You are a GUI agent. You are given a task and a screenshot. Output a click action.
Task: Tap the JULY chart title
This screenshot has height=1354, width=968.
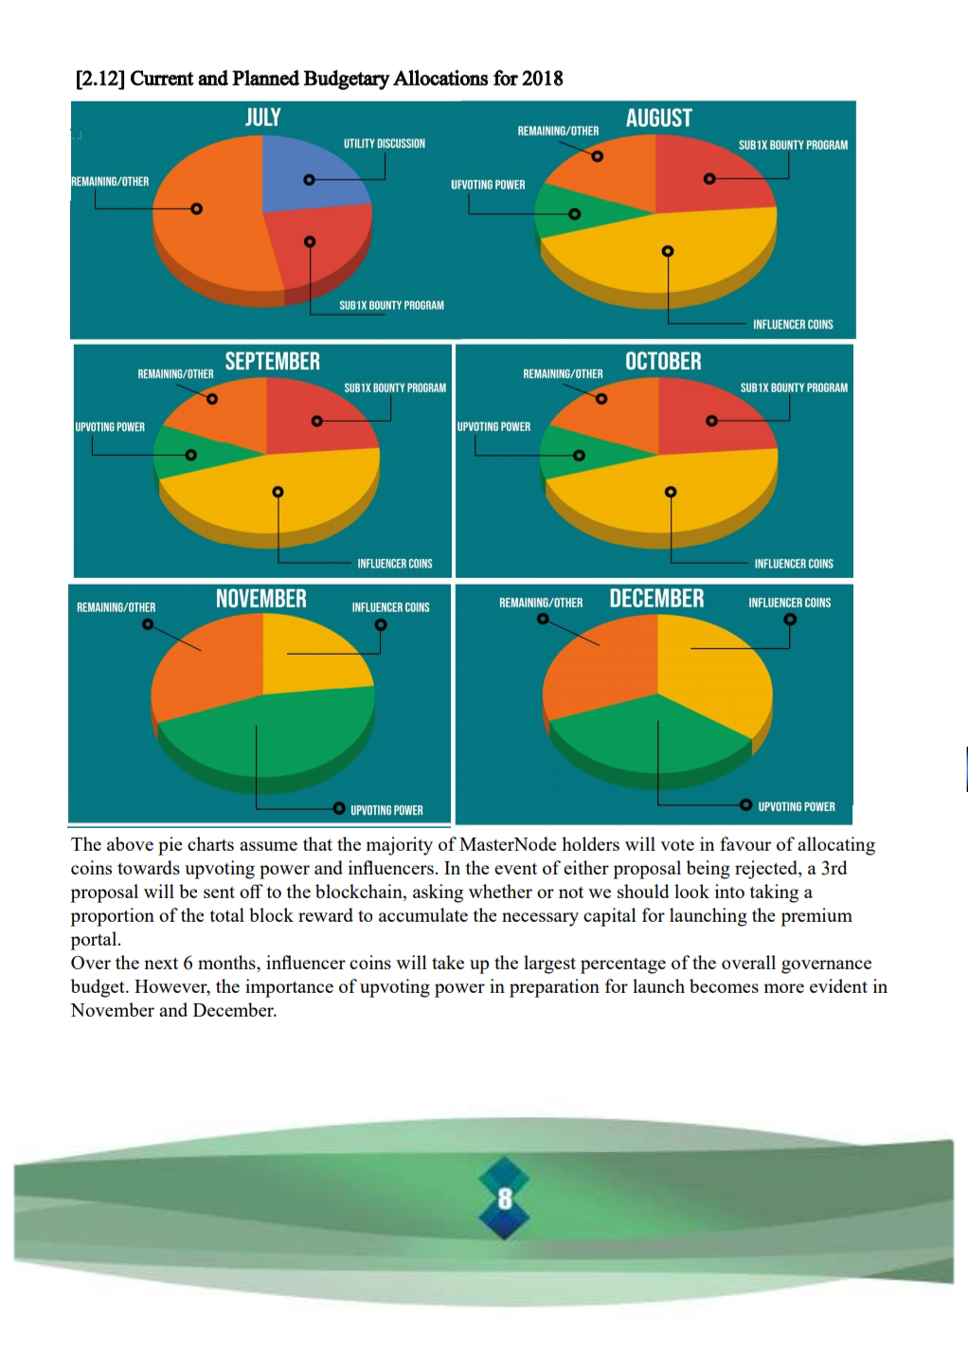point(262,117)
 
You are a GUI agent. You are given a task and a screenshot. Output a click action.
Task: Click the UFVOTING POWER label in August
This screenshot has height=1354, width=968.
point(488,185)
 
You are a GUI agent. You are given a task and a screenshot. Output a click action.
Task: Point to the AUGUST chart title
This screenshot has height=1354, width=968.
point(658,118)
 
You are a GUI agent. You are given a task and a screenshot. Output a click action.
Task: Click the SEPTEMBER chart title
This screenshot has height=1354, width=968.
point(273,361)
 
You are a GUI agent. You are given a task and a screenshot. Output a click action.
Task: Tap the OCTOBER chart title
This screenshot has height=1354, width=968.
point(663,361)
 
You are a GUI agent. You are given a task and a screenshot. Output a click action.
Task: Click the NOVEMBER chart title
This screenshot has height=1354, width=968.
point(261,599)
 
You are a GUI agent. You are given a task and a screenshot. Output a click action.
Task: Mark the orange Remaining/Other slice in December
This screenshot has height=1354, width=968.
point(597,663)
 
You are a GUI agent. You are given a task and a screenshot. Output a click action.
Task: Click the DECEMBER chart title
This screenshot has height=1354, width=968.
point(656,599)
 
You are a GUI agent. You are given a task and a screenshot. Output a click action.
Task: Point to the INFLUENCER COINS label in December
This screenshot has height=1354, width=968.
point(789,603)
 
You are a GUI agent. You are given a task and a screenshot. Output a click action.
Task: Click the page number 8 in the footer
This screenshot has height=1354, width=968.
point(505,1199)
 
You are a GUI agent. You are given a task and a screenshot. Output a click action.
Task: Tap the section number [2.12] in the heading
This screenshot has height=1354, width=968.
point(99,79)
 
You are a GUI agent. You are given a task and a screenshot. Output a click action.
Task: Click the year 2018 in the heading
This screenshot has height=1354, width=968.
point(542,79)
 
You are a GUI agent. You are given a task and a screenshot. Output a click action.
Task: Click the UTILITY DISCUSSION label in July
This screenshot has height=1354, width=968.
point(384,144)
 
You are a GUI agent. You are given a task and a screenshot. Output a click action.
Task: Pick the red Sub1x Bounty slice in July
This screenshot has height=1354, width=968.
point(317,246)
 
